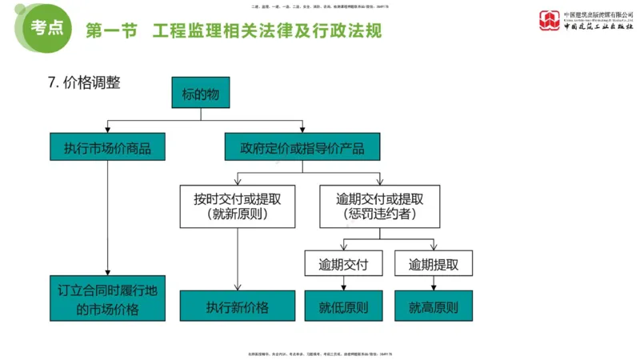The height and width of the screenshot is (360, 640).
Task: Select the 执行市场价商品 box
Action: [107, 147]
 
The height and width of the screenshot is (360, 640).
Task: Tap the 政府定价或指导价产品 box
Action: [302, 147]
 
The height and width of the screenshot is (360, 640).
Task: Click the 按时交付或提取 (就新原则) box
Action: [237, 206]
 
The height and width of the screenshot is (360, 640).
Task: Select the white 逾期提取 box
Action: [434, 264]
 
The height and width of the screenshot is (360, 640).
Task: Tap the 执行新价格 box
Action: [237, 306]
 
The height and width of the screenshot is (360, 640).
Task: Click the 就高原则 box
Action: [434, 306]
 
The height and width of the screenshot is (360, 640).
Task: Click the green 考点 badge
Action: [47, 26]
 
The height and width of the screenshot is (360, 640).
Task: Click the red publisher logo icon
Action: [550, 20]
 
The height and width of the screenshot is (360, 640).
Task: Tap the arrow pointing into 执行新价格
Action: [237, 284]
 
